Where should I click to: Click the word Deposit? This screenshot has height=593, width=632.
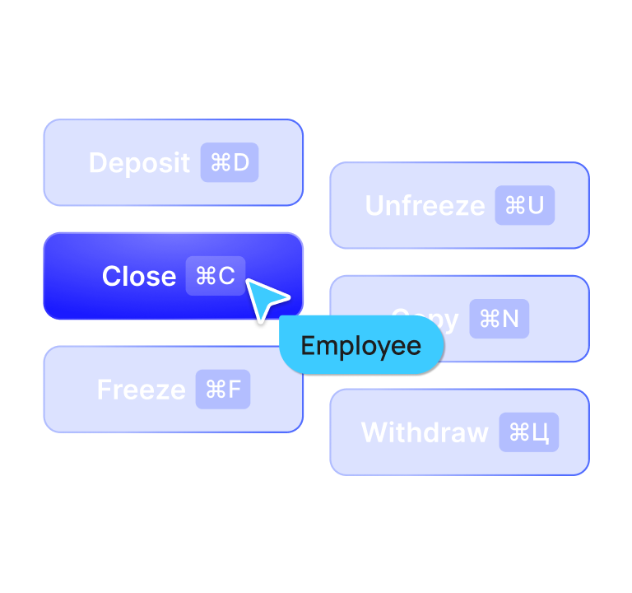coord(139,163)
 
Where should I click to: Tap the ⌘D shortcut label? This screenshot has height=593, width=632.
coord(230,163)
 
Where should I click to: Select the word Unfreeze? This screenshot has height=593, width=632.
coord(425,206)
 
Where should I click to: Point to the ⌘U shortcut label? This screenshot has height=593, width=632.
coord(524,206)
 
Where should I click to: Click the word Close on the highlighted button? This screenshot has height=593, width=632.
coord(138,277)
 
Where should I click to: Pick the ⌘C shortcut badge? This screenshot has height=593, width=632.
coord(216,276)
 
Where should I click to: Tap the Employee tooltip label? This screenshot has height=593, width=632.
coord(361,346)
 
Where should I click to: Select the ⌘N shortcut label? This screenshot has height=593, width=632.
coord(499,319)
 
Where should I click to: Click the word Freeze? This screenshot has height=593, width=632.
coord(141,390)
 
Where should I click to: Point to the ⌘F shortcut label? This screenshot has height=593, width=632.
coord(223,390)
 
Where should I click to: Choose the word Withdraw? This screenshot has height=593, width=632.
coord(425,432)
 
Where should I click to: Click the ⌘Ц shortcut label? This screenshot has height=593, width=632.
coord(529,432)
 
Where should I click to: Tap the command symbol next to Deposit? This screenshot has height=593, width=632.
coord(220,163)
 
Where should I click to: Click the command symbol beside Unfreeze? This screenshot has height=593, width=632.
coord(514,206)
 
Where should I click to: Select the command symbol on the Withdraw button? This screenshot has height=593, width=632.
coord(518,432)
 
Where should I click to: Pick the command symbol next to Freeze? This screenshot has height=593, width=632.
coord(215,390)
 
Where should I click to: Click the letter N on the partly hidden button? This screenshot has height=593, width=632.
coord(510,319)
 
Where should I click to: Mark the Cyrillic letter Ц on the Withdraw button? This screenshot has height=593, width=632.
coord(541,433)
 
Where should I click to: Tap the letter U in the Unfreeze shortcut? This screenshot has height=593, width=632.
coord(536,206)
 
